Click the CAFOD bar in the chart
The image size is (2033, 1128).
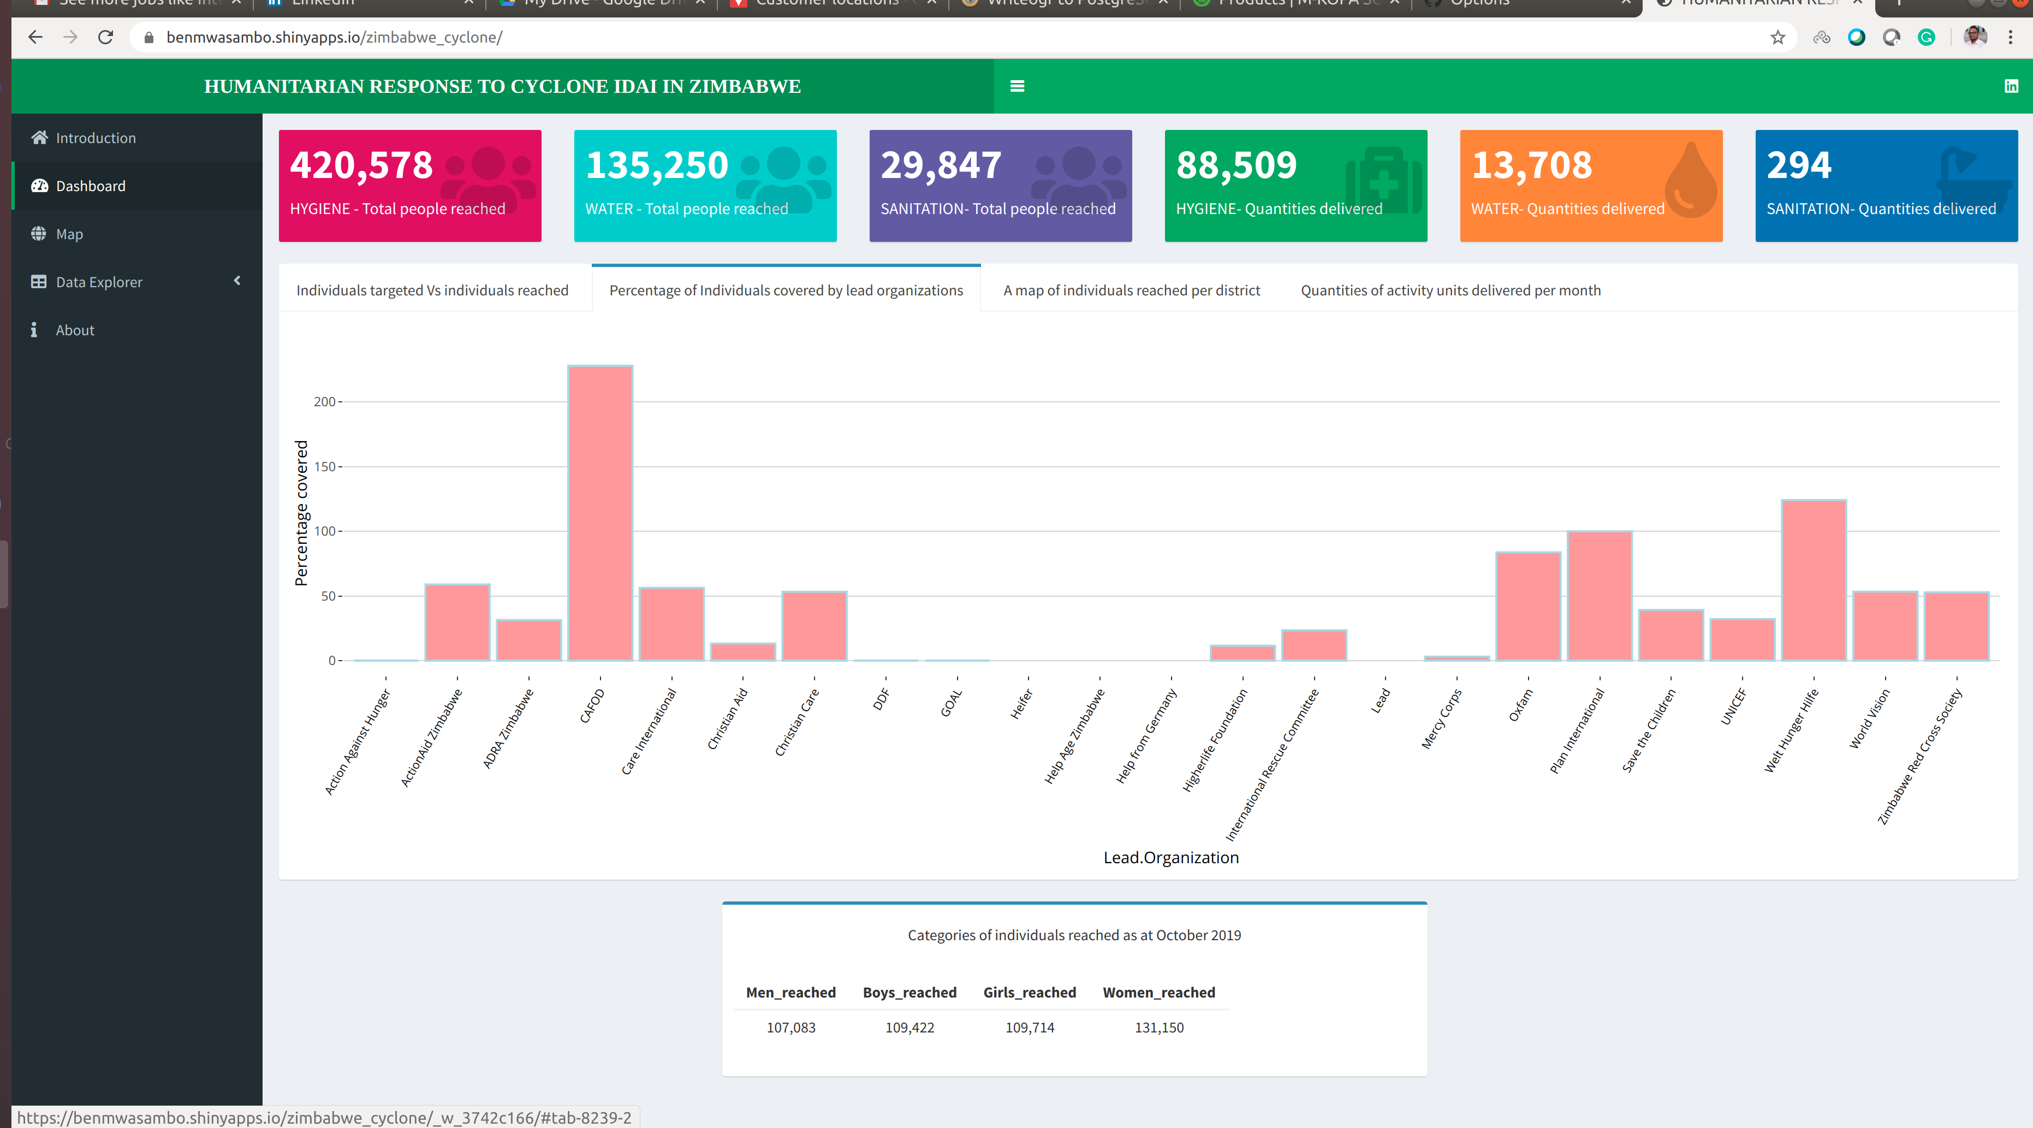click(600, 513)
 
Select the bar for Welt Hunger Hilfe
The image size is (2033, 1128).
click(1814, 580)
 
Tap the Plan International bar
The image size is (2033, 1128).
click(1599, 596)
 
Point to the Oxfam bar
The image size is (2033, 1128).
click(1528, 606)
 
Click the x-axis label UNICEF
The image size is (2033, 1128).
click(1734, 706)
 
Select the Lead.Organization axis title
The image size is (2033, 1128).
click(1170, 857)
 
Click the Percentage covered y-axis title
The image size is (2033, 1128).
click(301, 513)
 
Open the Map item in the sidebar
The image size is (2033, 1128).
click(69, 234)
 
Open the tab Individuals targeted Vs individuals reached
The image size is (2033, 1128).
click(432, 290)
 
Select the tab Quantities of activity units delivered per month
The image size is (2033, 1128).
click(1450, 290)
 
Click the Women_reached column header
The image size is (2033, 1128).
click(1158, 992)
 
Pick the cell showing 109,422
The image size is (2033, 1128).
click(909, 1027)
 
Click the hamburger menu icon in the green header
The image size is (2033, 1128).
click(1016, 86)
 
